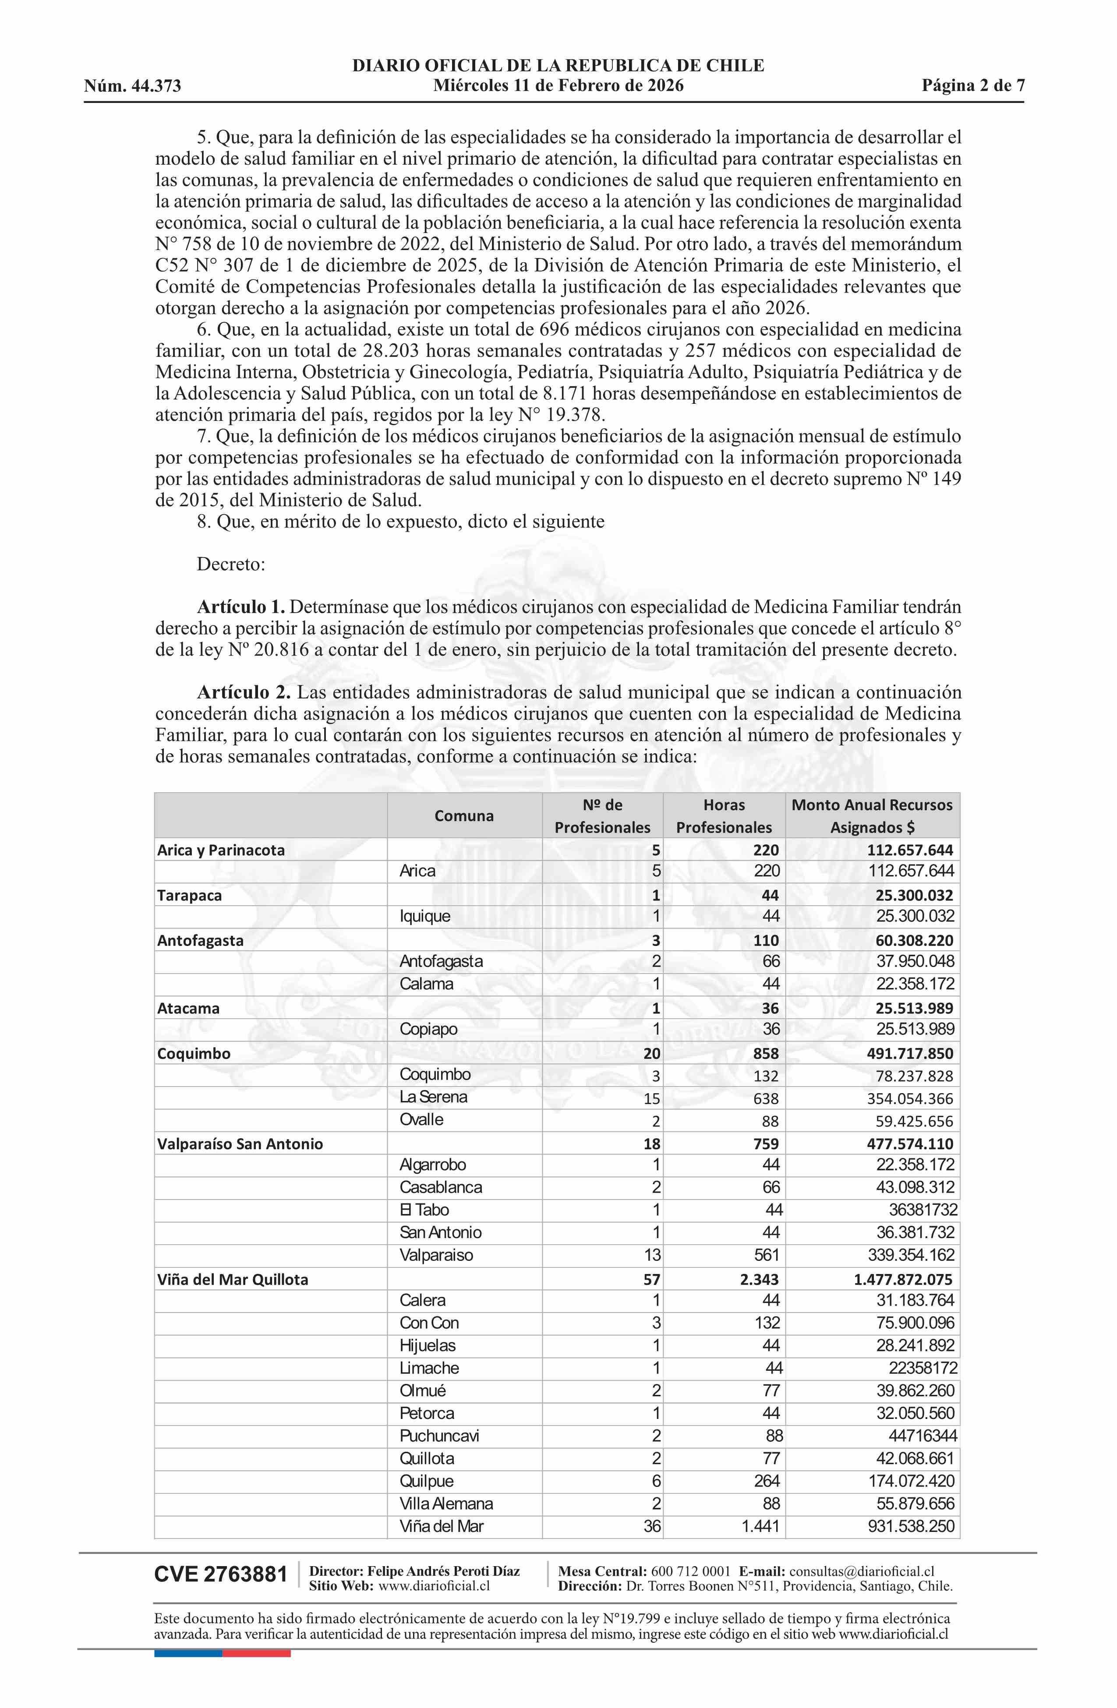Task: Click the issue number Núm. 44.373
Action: point(132,87)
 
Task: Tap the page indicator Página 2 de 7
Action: point(973,86)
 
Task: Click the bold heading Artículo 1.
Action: point(241,607)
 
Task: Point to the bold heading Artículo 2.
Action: point(244,692)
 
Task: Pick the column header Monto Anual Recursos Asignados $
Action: point(872,815)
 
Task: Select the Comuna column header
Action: point(464,815)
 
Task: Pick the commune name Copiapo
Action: point(428,1029)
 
